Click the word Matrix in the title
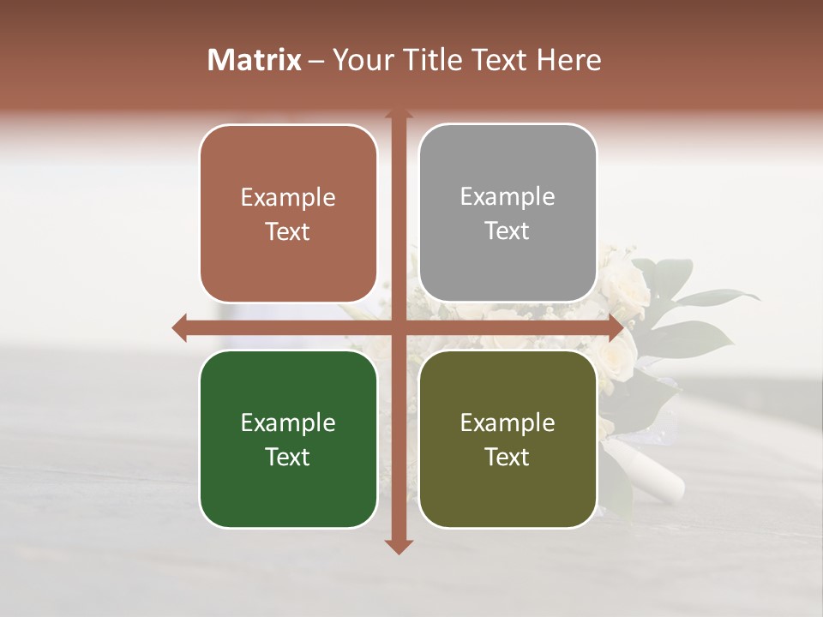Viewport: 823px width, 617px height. point(255,60)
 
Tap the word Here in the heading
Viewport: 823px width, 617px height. point(568,60)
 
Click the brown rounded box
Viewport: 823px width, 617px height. point(288,213)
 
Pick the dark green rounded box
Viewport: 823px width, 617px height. point(288,439)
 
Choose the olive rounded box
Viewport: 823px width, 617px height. point(508,439)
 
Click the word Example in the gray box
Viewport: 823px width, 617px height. point(508,196)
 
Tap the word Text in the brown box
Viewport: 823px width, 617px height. point(288,231)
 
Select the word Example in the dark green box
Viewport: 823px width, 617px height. point(288,422)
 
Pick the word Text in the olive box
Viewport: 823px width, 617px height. point(508,457)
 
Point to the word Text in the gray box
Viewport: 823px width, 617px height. point(508,231)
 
